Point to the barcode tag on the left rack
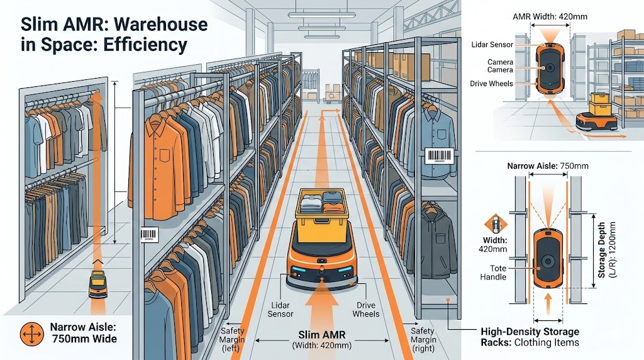coord(150,235)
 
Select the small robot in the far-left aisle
coord(98,284)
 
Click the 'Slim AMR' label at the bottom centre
coord(321,334)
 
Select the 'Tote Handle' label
coord(492,273)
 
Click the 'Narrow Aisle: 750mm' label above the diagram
coord(548,166)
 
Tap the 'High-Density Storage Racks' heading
coord(530,332)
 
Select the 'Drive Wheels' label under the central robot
coord(365,310)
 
